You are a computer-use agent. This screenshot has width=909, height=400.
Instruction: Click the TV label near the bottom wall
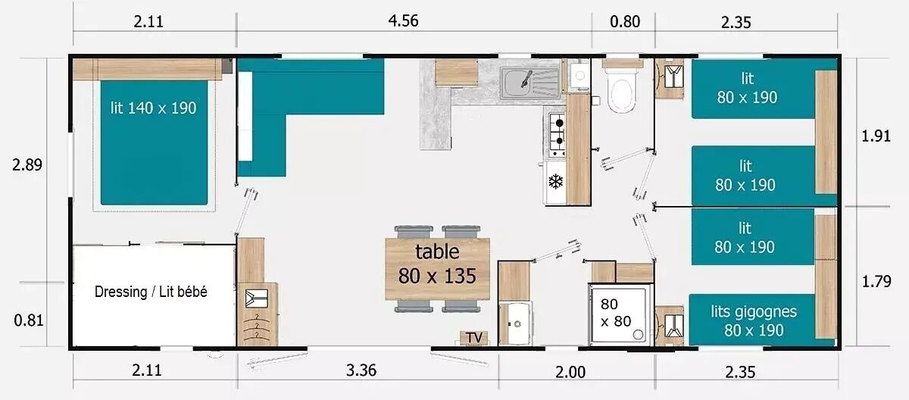click(x=474, y=338)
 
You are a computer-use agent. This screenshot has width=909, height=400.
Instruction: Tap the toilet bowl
click(x=621, y=94)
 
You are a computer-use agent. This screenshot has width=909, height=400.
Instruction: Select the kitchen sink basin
click(x=515, y=83)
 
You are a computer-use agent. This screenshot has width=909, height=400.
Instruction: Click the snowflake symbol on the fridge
click(x=555, y=181)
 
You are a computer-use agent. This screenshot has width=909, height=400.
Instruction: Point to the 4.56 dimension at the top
click(x=403, y=20)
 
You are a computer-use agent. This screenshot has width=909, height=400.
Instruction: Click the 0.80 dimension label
click(x=625, y=21)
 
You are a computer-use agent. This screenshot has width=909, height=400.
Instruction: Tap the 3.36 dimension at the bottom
click(x=361, y=370)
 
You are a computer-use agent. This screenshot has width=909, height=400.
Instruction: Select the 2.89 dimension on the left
click(x=27, y=164)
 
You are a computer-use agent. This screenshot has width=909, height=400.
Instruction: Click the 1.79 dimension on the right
click(x=876, y=281)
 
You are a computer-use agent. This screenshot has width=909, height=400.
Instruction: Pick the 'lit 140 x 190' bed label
click(x=153, y=108)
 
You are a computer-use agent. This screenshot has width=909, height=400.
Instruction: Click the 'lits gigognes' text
click(x=754, y=311)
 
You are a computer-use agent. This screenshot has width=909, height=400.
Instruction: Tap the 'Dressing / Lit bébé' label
click(x=151, y=292)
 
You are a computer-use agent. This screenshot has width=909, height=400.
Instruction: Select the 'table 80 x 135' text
click(x=437, y=264)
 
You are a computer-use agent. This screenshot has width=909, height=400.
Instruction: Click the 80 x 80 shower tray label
click(x=616, y=312)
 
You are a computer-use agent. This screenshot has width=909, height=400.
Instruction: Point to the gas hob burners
click(x=558, y=131)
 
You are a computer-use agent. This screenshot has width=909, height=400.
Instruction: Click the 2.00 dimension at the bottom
click(x=570, y=372)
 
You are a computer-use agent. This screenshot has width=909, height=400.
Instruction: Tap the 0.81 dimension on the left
click(x=29, y=320)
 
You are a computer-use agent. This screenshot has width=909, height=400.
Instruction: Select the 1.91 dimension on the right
click(x=876, y=136)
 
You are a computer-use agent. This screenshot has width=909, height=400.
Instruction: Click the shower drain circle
click(x=639, y=334)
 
